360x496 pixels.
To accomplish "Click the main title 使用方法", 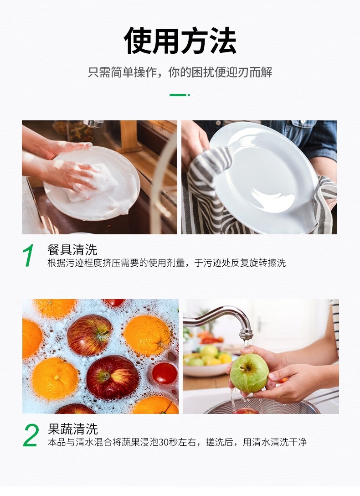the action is [180, 41].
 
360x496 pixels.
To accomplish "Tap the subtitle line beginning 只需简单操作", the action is [180, 72].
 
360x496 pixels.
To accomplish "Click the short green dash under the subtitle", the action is [180, 95].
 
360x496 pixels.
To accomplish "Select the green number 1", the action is [28, 255].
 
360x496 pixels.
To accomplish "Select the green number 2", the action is [31, 435].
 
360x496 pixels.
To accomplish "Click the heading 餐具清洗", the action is [72, 249].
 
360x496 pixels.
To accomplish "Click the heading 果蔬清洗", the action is [73, 429].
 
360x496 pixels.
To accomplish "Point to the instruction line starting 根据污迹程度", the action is [167, 263].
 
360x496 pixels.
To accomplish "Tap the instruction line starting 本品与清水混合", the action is [177, 442].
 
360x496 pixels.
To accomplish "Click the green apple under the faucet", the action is [249, 372].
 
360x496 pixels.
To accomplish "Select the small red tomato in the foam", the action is [164, 373].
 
